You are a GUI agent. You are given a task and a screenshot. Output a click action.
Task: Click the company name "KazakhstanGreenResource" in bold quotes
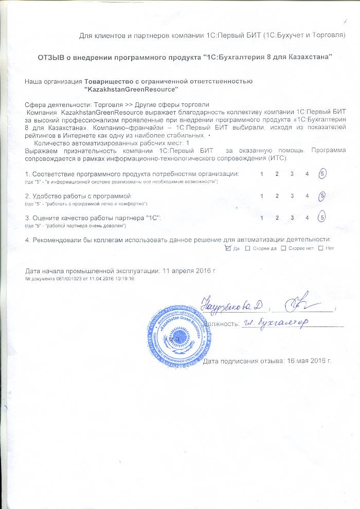(131, 89)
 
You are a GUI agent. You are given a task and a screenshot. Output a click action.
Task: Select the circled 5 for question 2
(322, 196)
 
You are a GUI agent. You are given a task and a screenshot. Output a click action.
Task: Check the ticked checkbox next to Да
(228, 248)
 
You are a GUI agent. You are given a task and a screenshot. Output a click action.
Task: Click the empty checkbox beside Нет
(321, 248)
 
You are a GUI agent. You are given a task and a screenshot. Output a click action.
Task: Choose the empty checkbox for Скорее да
(248, 248)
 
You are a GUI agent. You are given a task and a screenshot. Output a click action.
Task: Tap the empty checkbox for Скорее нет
(284, 248)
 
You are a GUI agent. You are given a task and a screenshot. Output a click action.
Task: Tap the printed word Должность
(222, 324)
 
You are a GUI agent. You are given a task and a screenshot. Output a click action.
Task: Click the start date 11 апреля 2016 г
(188, 270)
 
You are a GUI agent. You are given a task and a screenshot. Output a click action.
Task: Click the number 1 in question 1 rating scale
(262, 174)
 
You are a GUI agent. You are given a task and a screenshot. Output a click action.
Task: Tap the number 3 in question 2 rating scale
(292, 196)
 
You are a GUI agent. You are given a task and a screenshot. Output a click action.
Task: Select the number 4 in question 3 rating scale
(307, 217)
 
